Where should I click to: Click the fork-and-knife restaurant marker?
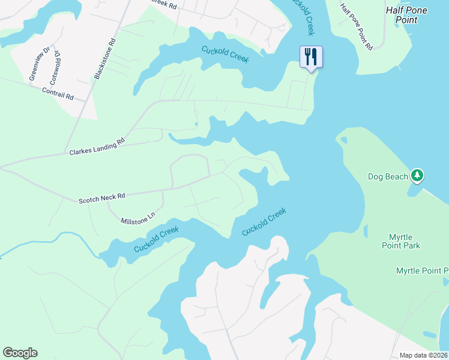pos(311,58)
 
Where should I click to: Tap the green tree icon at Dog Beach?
pos(417,176)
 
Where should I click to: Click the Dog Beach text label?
pos(388,176)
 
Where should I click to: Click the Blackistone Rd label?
pos(104,60)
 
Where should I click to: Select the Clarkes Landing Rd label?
pos(97,147)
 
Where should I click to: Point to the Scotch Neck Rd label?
pos(101,197)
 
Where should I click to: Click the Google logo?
pos(20,353)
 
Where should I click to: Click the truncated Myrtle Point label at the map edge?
pos(422,271)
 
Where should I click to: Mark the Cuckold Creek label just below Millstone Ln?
pos(156,239)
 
